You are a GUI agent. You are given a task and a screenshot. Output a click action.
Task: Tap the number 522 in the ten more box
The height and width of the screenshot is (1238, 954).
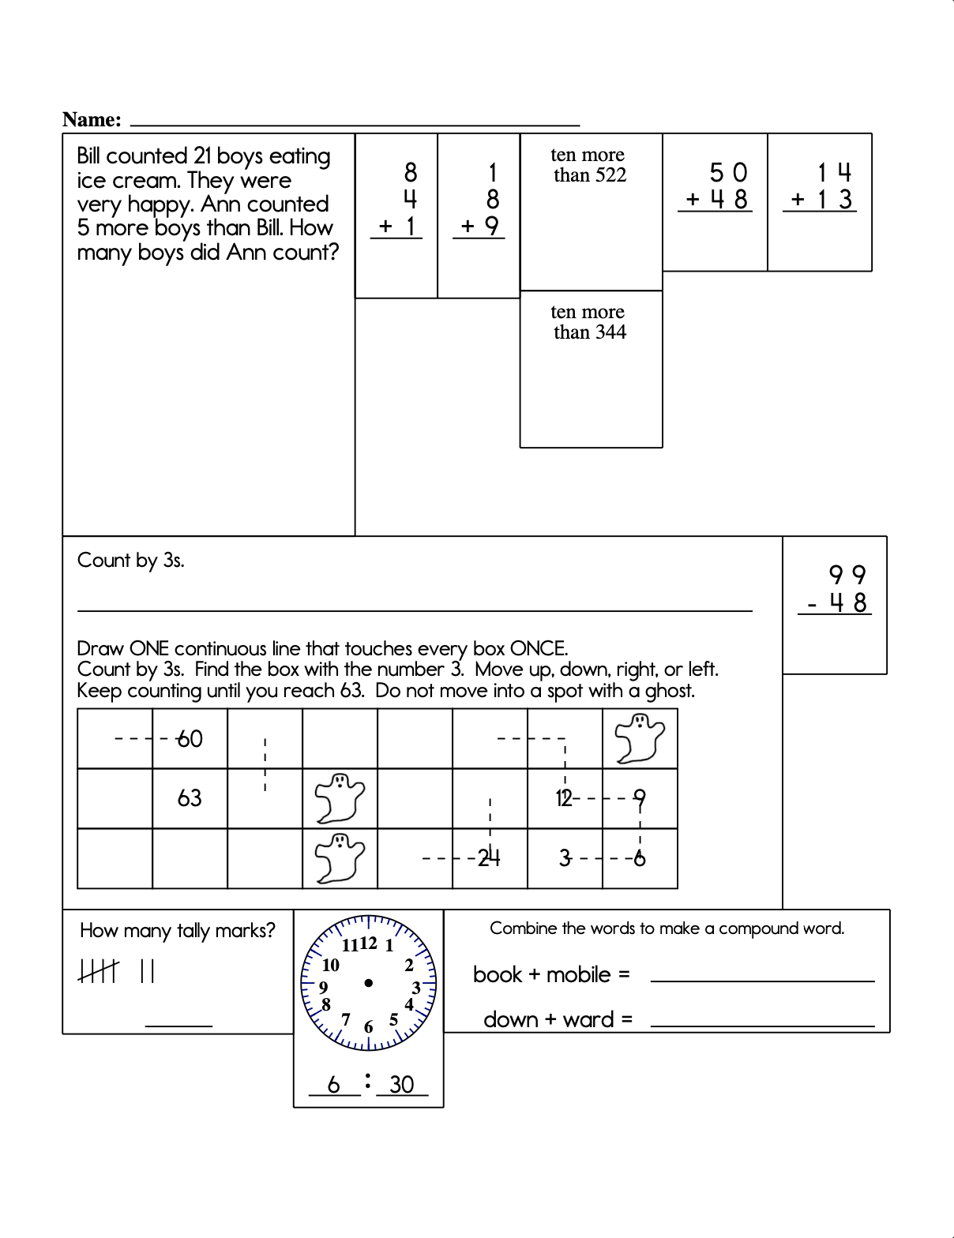pyautogui.click(x=610, y=175)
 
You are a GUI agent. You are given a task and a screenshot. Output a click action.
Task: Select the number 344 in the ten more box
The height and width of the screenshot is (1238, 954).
pyautogui.click(x=610, y=332)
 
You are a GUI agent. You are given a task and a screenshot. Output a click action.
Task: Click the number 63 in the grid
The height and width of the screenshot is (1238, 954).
pyautogui.click(x=190, y=798)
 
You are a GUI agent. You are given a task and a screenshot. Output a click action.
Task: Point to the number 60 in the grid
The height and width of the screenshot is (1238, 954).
pyautogui.click(x=190, y=739)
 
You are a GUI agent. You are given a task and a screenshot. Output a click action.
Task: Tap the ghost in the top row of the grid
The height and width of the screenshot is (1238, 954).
pyautogui.click(x=640, y=738)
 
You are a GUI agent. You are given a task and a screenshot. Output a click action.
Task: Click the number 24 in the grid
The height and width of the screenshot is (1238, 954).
pyautogui.click(x=489, y=857)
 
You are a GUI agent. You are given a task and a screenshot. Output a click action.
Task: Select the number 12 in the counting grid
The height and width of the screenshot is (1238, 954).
pyautogui.click(x=563, y=798)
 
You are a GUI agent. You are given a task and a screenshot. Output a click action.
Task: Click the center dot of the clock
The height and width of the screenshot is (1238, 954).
pyautogui.click(x=369, y=983)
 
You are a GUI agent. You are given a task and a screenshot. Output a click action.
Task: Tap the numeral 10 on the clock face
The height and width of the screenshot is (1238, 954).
pyautogui.click(x=331, y=965)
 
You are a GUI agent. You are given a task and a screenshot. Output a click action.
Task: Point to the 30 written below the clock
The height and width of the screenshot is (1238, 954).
pyautogui.click(x=402, y=1084)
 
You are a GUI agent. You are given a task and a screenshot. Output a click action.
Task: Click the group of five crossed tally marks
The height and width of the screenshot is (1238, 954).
pyautogui.click(x=99, y=970)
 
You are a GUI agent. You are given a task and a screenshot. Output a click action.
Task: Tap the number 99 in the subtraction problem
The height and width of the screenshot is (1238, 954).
pyautogui.click(x=847, y=575)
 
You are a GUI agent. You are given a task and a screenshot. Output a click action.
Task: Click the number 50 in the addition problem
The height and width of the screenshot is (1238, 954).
pyautogui.click(x=728, y=172)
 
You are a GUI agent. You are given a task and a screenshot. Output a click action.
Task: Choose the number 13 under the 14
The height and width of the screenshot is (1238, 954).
pyautogui.click(x=835, y=200)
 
